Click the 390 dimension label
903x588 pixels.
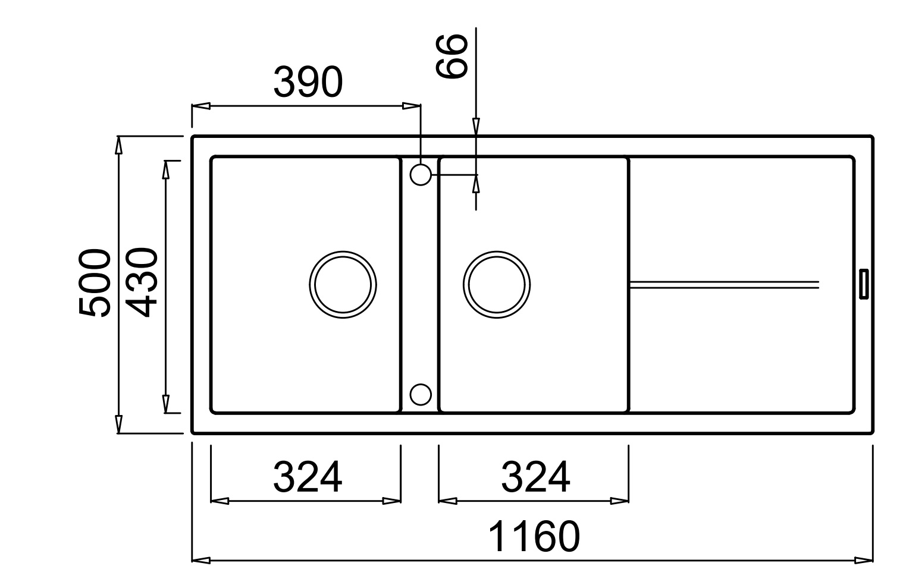308,82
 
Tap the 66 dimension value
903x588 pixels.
452,56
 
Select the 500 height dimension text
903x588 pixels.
95,283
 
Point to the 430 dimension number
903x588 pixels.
142,282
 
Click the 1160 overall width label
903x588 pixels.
534,536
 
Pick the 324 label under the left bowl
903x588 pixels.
308,477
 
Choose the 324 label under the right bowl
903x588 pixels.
535,477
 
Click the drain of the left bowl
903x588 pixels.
343,251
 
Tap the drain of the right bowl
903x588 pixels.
497,251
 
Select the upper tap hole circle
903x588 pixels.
421,165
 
